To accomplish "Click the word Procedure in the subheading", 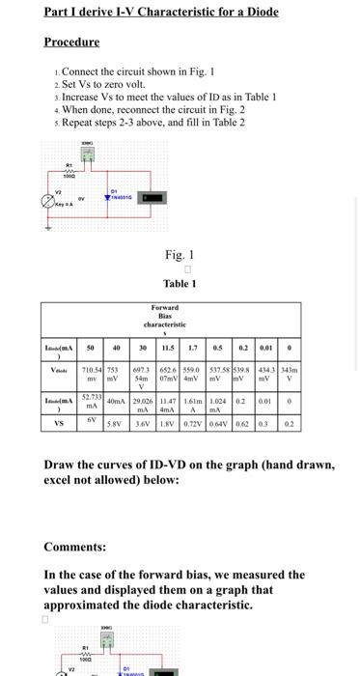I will pyautogui.click(x=71, y=42).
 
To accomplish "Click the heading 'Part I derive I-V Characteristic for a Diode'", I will pyautogui.click(x=161, y=12).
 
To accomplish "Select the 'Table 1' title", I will pyautogui.click(x=179, y=284).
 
